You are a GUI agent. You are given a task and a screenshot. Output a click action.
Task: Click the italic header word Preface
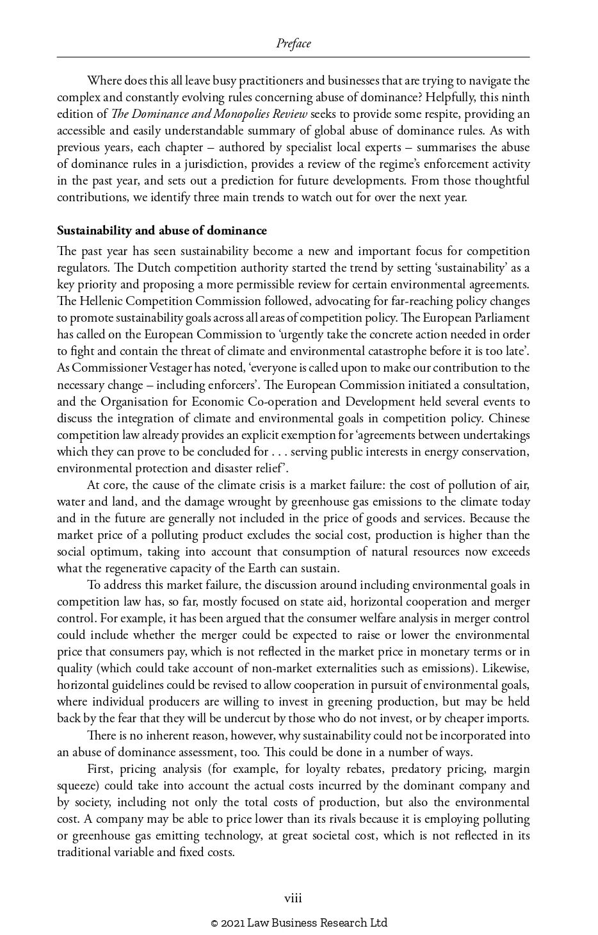click(x=293, y=44)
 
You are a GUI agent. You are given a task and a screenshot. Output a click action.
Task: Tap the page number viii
click(x=293, y=898)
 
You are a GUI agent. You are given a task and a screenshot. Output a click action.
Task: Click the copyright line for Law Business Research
click(x=299, y=923)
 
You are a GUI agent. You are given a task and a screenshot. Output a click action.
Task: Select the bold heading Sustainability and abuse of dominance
click(x=162, y=231)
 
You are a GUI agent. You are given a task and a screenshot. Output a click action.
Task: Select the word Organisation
click(x=133, y=402)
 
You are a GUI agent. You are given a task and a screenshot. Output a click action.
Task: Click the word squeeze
click(x=76, y=786)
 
